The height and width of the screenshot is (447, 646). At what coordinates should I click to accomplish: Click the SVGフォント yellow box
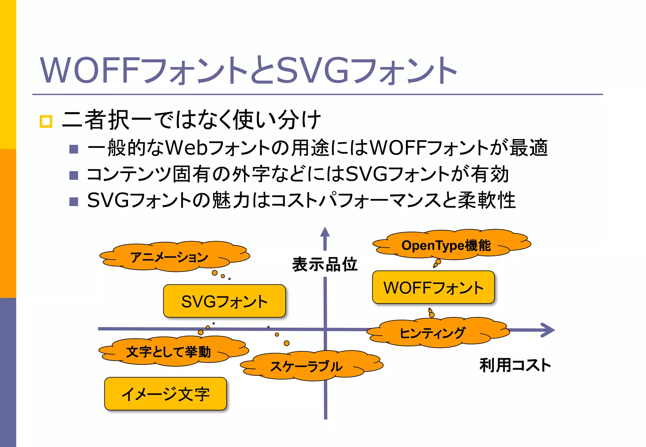[x=224, y=301]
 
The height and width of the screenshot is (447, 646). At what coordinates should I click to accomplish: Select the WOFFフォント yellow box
[x=433, y=287]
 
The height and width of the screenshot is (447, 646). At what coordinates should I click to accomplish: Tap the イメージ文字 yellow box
[x=165, y=394]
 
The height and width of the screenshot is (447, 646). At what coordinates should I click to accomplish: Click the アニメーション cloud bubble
[x=170, y=257]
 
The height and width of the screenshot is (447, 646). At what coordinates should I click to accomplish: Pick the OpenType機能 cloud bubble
[x=446, y=245]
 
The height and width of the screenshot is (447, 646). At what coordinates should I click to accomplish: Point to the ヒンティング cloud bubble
[x=432, y=333]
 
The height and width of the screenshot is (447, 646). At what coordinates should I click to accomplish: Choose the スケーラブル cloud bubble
[x=306, y=366]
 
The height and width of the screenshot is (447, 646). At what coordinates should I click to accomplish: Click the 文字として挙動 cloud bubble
[x=168, y=352]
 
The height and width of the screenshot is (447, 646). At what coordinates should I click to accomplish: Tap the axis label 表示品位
[x=325, y=264]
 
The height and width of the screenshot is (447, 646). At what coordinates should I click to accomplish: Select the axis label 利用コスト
[x=515, y=365]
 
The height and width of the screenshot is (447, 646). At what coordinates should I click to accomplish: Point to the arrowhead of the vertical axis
[x=325, y=233]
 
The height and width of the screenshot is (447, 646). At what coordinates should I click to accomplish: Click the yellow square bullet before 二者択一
[x=46, y=121]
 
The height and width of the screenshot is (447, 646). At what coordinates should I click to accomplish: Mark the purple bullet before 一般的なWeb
[x=73, y=149]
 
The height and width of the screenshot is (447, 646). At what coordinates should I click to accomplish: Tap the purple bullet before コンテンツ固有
[x=73, y=175]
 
